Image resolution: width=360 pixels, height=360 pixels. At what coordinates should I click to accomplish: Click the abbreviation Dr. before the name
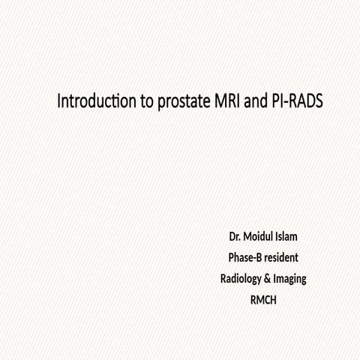[x=235, y=237]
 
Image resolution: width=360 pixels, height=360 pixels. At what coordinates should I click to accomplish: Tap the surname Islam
[x=292, y=237]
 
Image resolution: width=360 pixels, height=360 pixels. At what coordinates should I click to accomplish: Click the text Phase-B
[x=245, y=258]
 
